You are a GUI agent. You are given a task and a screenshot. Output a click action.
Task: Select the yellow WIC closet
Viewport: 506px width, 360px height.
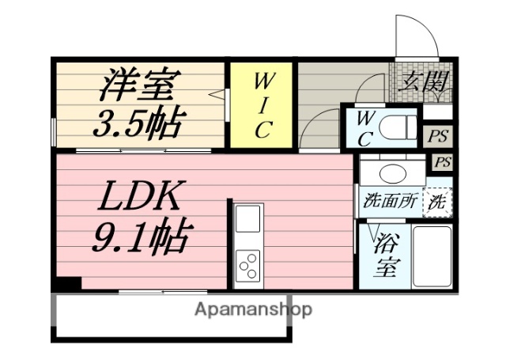click(262, 105)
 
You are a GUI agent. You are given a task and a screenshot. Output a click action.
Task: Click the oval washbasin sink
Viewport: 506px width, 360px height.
click(391, 173)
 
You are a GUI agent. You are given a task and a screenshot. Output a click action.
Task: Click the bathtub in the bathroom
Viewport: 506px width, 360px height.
click(431, 257)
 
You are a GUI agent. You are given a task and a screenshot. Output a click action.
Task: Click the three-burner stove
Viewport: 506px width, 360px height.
click(248, 264)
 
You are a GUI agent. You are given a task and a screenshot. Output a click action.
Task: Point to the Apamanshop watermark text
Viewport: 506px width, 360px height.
click(253, 309)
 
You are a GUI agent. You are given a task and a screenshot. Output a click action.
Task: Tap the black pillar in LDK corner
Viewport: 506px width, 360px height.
click(69, 283)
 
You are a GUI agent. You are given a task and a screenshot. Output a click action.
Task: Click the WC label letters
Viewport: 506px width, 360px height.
click(365, 126)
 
